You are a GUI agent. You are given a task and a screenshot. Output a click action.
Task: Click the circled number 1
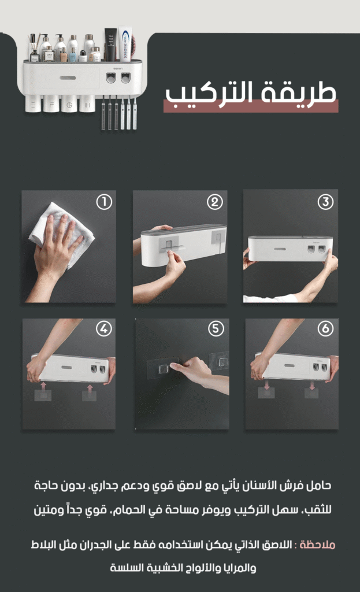click(x=104, y=202)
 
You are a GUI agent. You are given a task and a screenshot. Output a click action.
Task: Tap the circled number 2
click(x=215, y=202)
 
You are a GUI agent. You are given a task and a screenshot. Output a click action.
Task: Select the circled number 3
click(x=325, y=202)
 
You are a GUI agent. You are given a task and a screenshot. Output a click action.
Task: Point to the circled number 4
click(x=104, y=328)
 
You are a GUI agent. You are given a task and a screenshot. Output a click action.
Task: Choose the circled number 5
click(x=216, y=328)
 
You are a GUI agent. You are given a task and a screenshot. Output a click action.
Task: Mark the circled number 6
click(x=325, y=328)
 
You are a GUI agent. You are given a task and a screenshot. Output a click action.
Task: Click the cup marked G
click(x=69, y=103)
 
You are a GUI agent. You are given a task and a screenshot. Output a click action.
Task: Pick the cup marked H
click(x=87, y=103)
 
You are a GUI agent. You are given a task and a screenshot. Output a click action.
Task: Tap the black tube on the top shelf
click(x=110, y=45)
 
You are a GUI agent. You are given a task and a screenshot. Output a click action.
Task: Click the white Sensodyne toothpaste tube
click(x=125, y=44)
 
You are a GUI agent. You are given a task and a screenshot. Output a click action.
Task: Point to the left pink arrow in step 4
click(x=43, y=386)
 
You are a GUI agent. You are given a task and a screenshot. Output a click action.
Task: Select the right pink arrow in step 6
click(x=312, y=386)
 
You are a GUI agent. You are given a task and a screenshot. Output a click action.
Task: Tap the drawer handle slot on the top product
click(x=68, y=78)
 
